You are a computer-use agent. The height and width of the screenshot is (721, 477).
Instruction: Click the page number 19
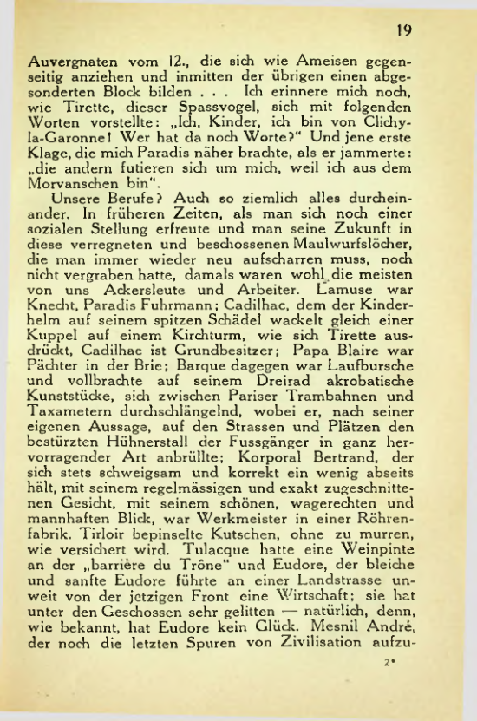click(x=403, y=29)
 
